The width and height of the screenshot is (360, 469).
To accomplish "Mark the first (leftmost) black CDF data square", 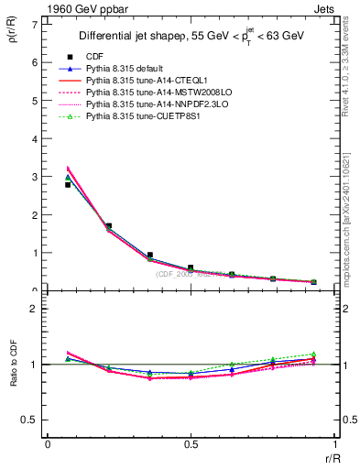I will click(x=68, y=184).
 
